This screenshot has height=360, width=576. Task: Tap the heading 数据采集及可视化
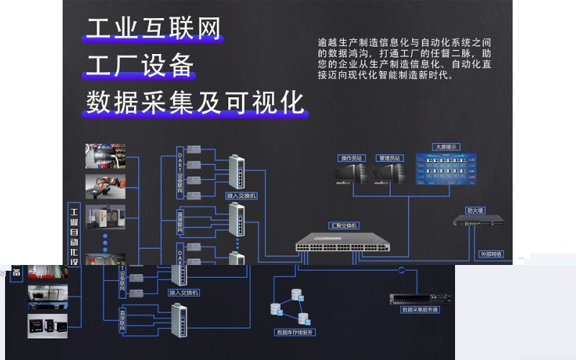click(x=195, y=102)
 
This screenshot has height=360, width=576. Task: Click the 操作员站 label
click(x=352, y=158)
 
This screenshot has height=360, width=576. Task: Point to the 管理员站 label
click(x=391, y=158)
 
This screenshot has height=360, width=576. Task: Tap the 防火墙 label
click(x=475, y=210)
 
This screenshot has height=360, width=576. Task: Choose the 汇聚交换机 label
click(x=344, y=225)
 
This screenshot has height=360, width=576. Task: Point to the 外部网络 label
click(x=492, y=254)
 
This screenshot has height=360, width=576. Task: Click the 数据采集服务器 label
click(x=420, y=310)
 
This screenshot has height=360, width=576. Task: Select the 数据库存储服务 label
click(x=295, y=333)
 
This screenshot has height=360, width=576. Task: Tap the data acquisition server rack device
click(x=420, y=298)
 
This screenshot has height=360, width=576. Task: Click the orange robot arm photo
click(x=105, y=186)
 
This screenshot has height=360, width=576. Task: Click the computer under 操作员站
click(x=351, y=173)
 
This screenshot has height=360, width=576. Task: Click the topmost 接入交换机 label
click(x=241, y=195)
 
